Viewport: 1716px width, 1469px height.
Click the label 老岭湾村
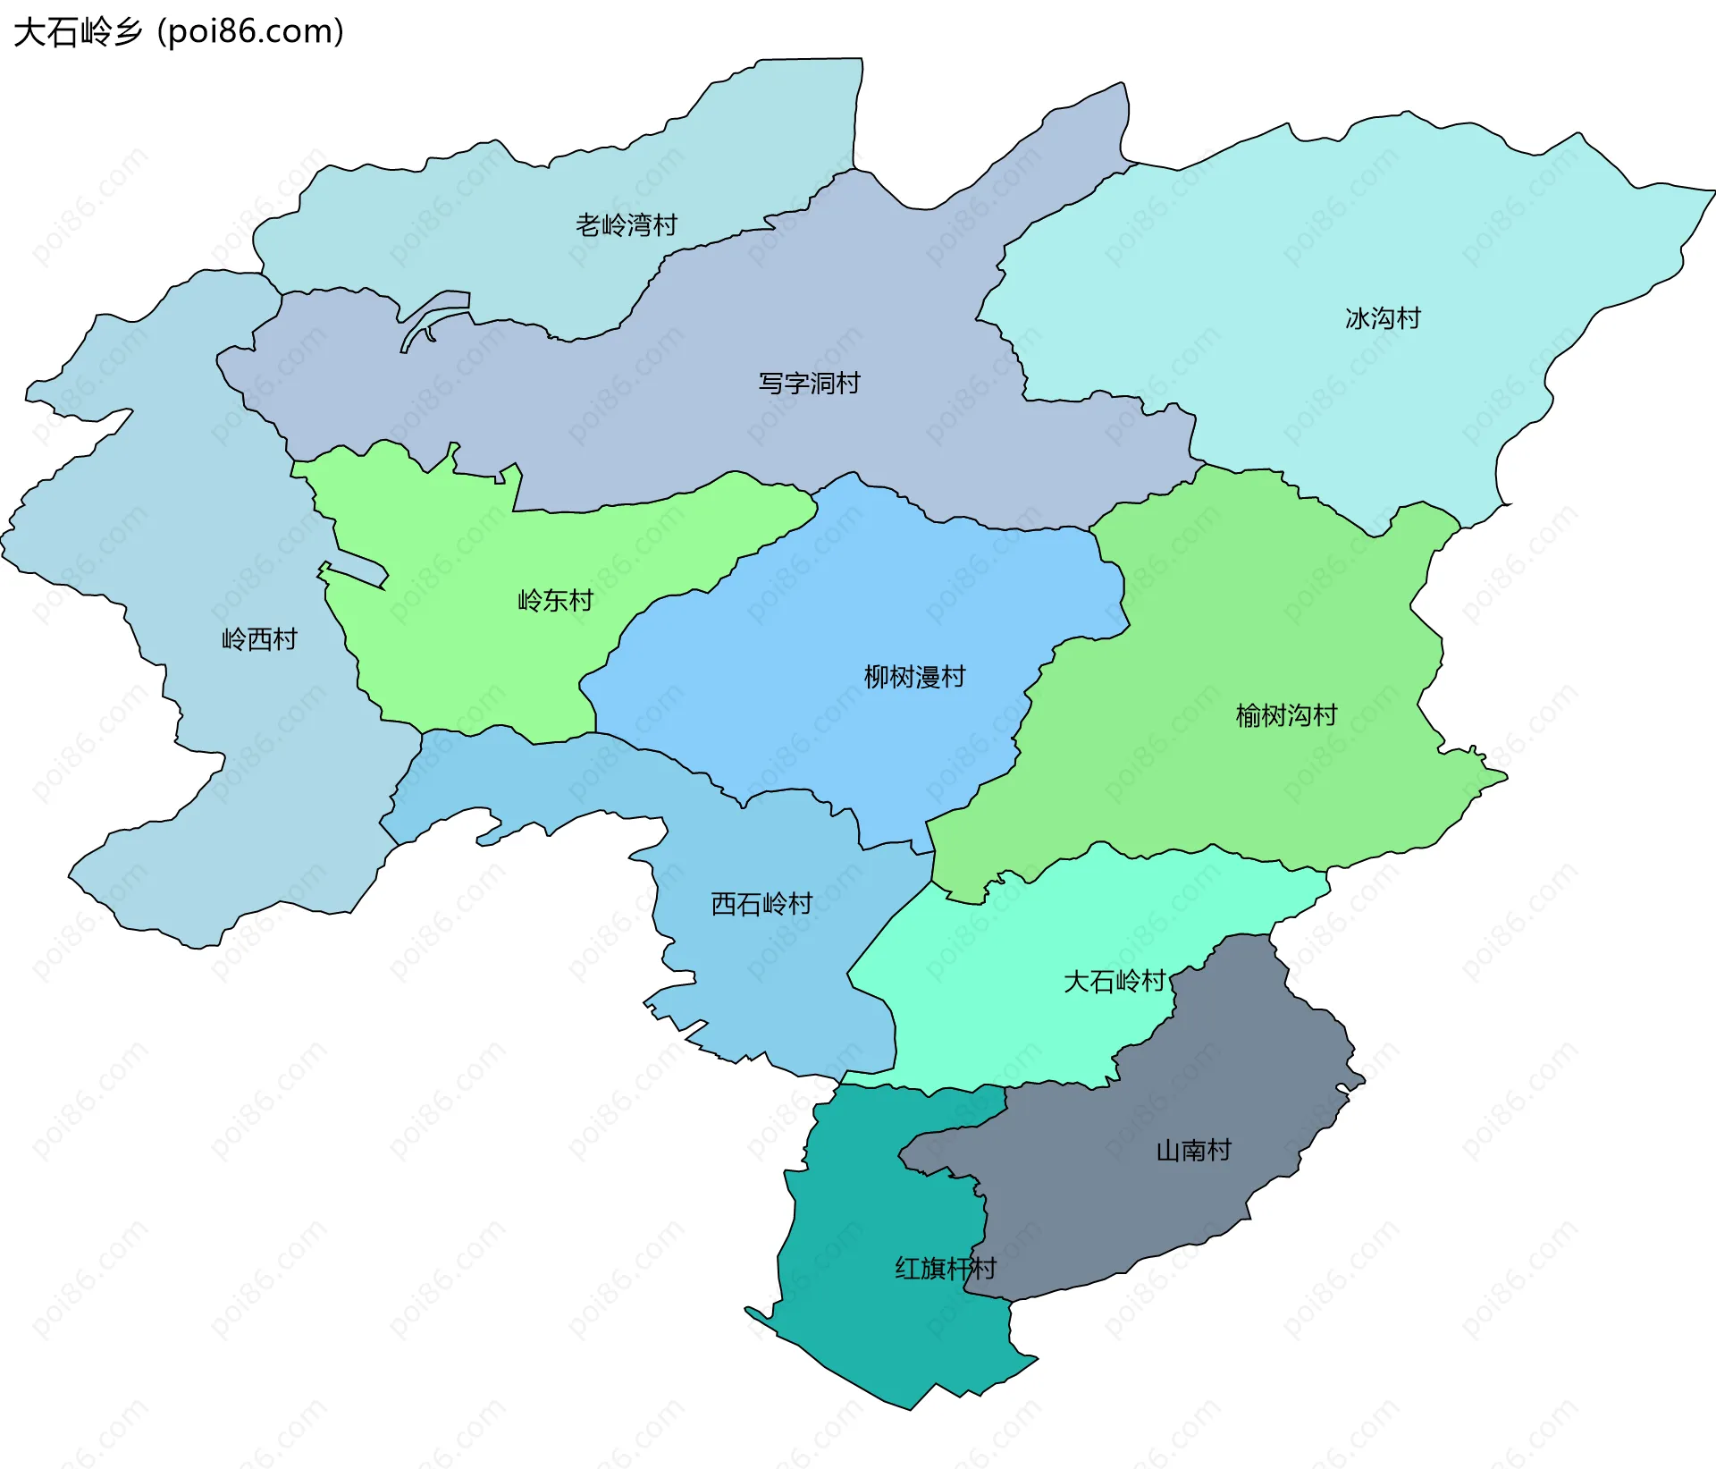click(x=626, y=225)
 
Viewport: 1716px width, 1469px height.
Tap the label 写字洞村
click(x=809, y=384)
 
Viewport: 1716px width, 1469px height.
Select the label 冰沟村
click(x=1383, y=318)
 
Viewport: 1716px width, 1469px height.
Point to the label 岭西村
click(x=259, y=639)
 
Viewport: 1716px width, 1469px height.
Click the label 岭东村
click(x=555, y=601)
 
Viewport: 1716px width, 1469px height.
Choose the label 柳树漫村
click(x=914, y=677)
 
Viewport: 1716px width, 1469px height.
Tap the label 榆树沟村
click(x=1286, y=715)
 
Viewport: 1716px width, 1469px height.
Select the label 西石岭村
click(x=761, y=904)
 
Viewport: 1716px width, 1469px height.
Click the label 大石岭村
click(x=1115, y=982)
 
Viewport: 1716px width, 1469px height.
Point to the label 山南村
click(x=1193, y=1151)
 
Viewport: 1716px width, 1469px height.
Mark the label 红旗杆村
click(x=946, y=1269)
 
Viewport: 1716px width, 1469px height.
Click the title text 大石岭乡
click(x=79, y=32)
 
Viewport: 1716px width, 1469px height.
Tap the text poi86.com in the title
click(x=250, y=32)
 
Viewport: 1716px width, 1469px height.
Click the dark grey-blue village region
click(x=1233, y=1073)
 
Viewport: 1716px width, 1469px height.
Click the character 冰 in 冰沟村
click(x=1357, y=318)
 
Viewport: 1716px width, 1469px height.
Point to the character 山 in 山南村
click(x=1168, y=1151)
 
